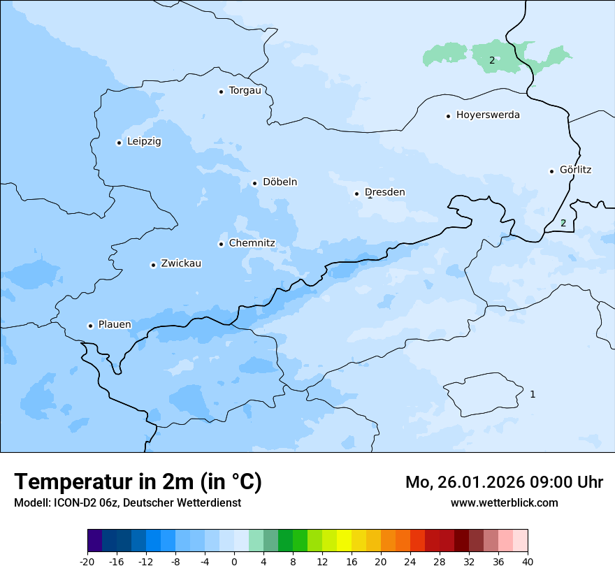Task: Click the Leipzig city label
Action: click(x=144, y=142)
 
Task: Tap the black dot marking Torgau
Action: click(x=221, y=92)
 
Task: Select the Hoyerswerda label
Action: click(x=488, y=115)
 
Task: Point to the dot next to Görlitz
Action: click(x=551, y=171)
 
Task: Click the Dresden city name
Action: click(x=384, y=193)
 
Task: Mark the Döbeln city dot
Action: click(x=254, y=184)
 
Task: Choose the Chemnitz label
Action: click(x=252, y=244)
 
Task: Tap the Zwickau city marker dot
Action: click(x=153, y=265)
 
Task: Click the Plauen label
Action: click(x=115, y=325)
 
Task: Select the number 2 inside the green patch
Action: click(x=492, y=61)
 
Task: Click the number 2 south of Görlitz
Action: click(x=563, y=224)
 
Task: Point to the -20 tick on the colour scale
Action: click(x=87, y=562)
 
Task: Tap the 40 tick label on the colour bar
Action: click(x=528, y=562)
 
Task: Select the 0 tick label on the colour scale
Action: click(x=234, y=562)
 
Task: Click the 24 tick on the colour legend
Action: click(x=410, y=562)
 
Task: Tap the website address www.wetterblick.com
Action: click(x=504, y=503)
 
